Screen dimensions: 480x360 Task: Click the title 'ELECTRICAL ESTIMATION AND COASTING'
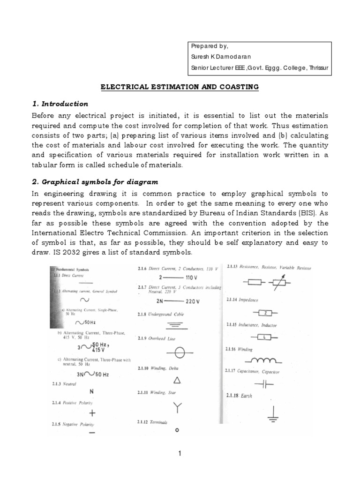[x=180, y=87]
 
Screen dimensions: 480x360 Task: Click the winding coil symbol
[x=266, y=360]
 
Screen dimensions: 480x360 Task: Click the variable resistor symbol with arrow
[x=280, y=283]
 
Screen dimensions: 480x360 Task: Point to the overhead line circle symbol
[x=177, y=352]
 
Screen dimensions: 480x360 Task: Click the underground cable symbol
[x=177, y=324]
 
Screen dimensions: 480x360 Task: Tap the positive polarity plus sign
[x=92, y=413]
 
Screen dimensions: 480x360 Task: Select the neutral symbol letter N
[x=92, y=391]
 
